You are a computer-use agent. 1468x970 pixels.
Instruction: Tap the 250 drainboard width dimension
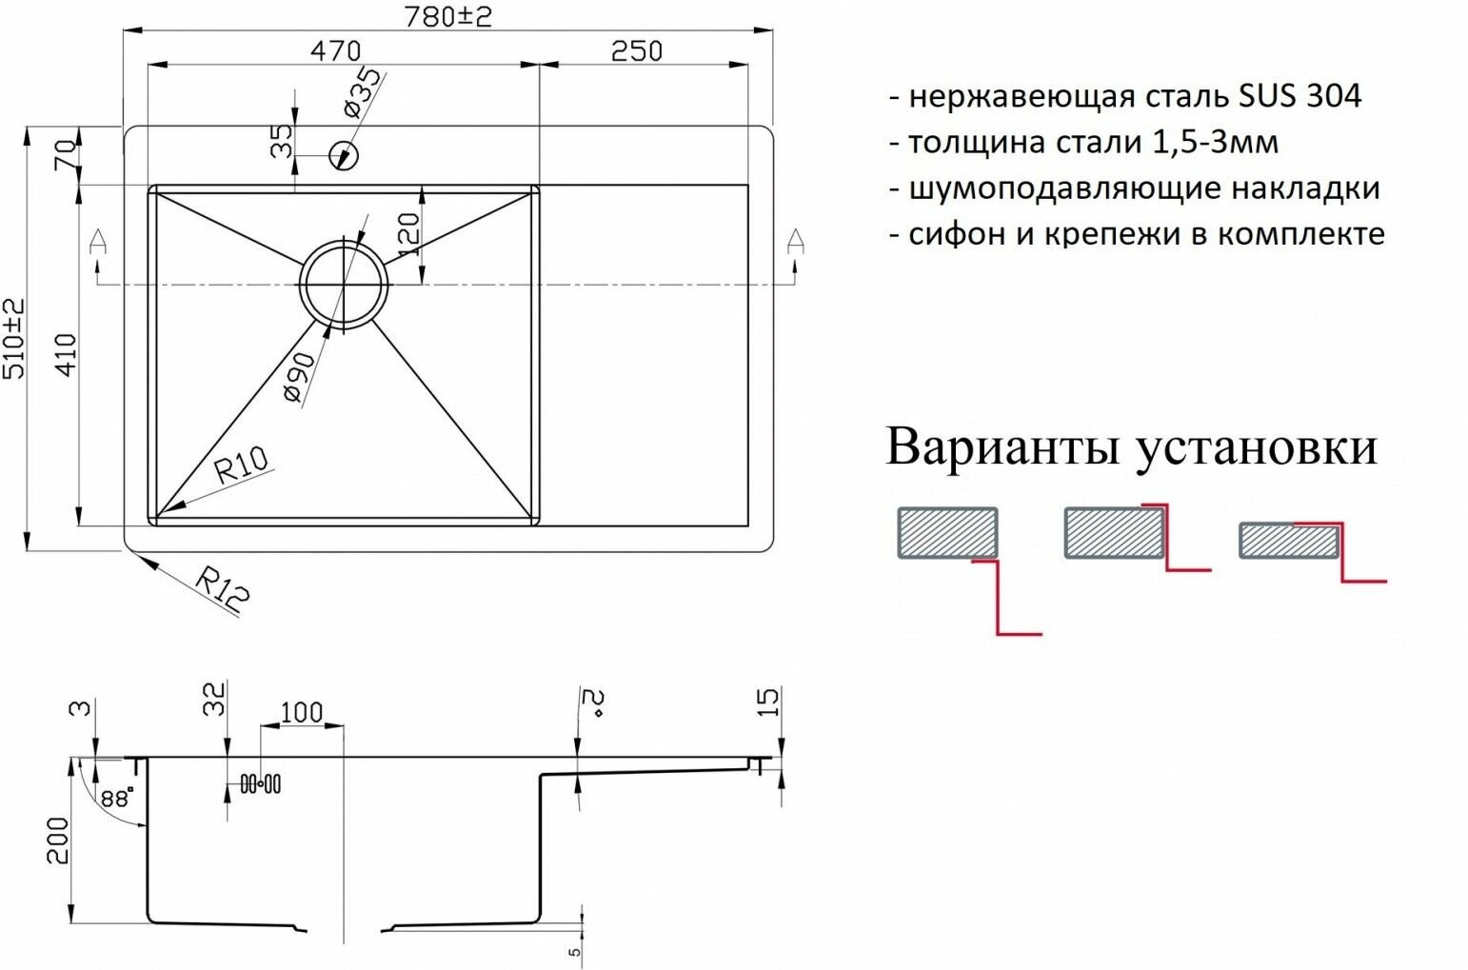click(x=636, y=49)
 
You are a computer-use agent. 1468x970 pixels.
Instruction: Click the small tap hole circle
click(x=342, y=155)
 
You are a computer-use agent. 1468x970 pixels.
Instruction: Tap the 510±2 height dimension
click(x=15, y=338)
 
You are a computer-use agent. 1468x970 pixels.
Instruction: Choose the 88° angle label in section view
click(x=116, y=798)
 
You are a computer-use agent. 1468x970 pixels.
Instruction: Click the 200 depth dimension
click(x=59, y=840)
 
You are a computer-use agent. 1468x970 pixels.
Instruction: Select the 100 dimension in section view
click(x=302, y=712)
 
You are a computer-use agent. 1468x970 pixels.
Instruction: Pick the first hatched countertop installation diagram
click(x=947, y=532)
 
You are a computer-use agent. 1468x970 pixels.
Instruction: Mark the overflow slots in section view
click(x=260, y=784)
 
